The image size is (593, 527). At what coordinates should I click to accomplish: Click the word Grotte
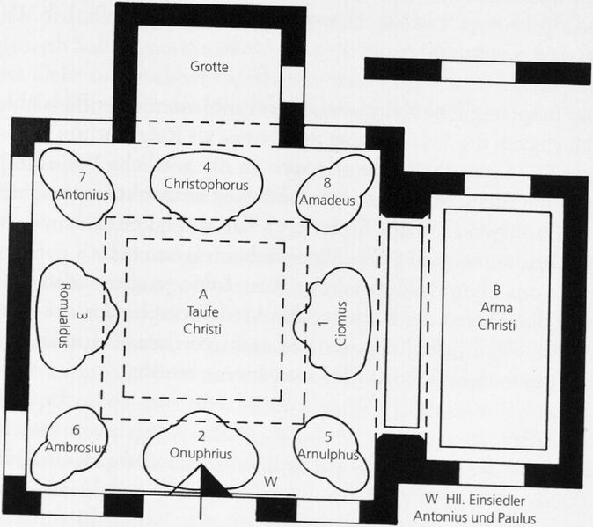click(x=209, y=67)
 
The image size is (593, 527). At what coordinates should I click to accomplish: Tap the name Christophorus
click(x=206, y=185)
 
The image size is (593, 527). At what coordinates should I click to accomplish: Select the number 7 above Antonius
click(x=83, y=177)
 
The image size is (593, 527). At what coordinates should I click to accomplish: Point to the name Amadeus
click(x=327, y=200)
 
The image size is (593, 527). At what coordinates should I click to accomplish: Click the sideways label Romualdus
click(x=65, y=316)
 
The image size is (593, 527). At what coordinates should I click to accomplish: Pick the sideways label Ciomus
click(x=340, y=324)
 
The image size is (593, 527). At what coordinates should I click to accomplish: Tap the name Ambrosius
click(x=76, y=447)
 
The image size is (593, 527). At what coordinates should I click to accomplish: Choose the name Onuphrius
click(x=201, y=453)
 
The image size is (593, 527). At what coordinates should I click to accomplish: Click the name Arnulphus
click(x=328, y=454)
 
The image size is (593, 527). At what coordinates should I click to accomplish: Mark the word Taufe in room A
click(x=202, y=311)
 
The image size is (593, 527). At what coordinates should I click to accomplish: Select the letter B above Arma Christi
click(x=496, y=290)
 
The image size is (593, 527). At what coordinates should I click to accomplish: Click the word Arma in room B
click(x=496, y=308)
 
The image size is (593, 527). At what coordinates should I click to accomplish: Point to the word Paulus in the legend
click(x=516, y=517)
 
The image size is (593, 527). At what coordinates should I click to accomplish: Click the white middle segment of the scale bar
click(x=478, y=70)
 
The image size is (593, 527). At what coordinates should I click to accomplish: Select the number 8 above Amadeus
click(x=327, y=183)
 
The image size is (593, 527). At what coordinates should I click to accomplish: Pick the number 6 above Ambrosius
click(x=76, y=430)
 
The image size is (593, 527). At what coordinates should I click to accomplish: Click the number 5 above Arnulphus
click(x=328, y=437)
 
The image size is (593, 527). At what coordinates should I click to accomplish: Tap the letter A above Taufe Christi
click(x=203, y=294)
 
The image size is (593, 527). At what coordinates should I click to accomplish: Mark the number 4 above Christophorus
click(x=207, y=167)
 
